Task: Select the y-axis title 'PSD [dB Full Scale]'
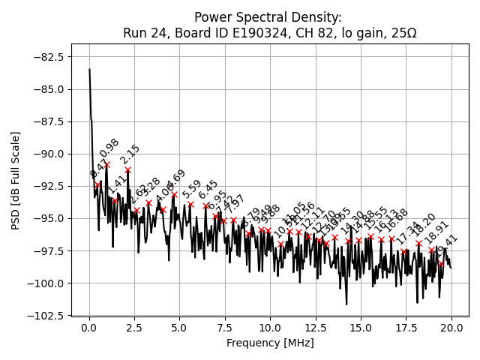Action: click(x=16, y=180)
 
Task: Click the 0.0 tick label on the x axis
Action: click(x=89, y=328)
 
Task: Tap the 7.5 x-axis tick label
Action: click(x=225, y=328)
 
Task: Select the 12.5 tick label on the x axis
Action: click(x=316, y=328)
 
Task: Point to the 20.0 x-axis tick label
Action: click(x=451, y=328)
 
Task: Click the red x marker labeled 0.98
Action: click(x=107, y=164)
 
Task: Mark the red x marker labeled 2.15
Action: click(x=128, y=169)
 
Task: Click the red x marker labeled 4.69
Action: click(x=174, y=195)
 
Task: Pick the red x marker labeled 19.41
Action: click(x=441, y=263)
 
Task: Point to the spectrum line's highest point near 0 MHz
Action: click(x=89, y=70)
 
